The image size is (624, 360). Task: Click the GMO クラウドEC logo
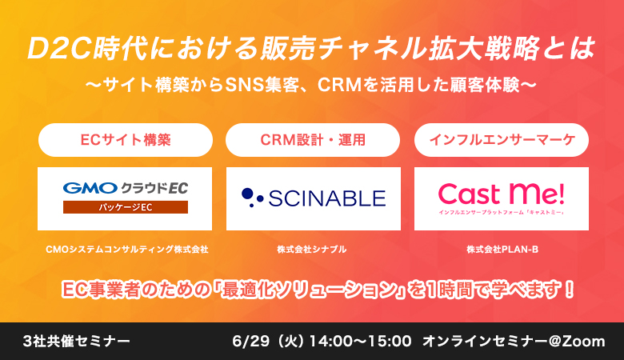click(x=125, y=190)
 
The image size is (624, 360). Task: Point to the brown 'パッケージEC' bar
click(x=125, y=207)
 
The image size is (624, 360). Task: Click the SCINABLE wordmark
click(x=326, y=198)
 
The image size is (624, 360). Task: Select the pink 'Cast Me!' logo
click(x=501, y=194)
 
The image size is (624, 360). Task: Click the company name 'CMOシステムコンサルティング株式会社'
click(x=126, y=250)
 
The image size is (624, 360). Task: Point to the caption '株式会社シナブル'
click(x=312, y=250)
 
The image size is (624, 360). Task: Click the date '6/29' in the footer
click(x=247, y=341)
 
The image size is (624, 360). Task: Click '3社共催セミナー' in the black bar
click(x=76, y=341)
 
